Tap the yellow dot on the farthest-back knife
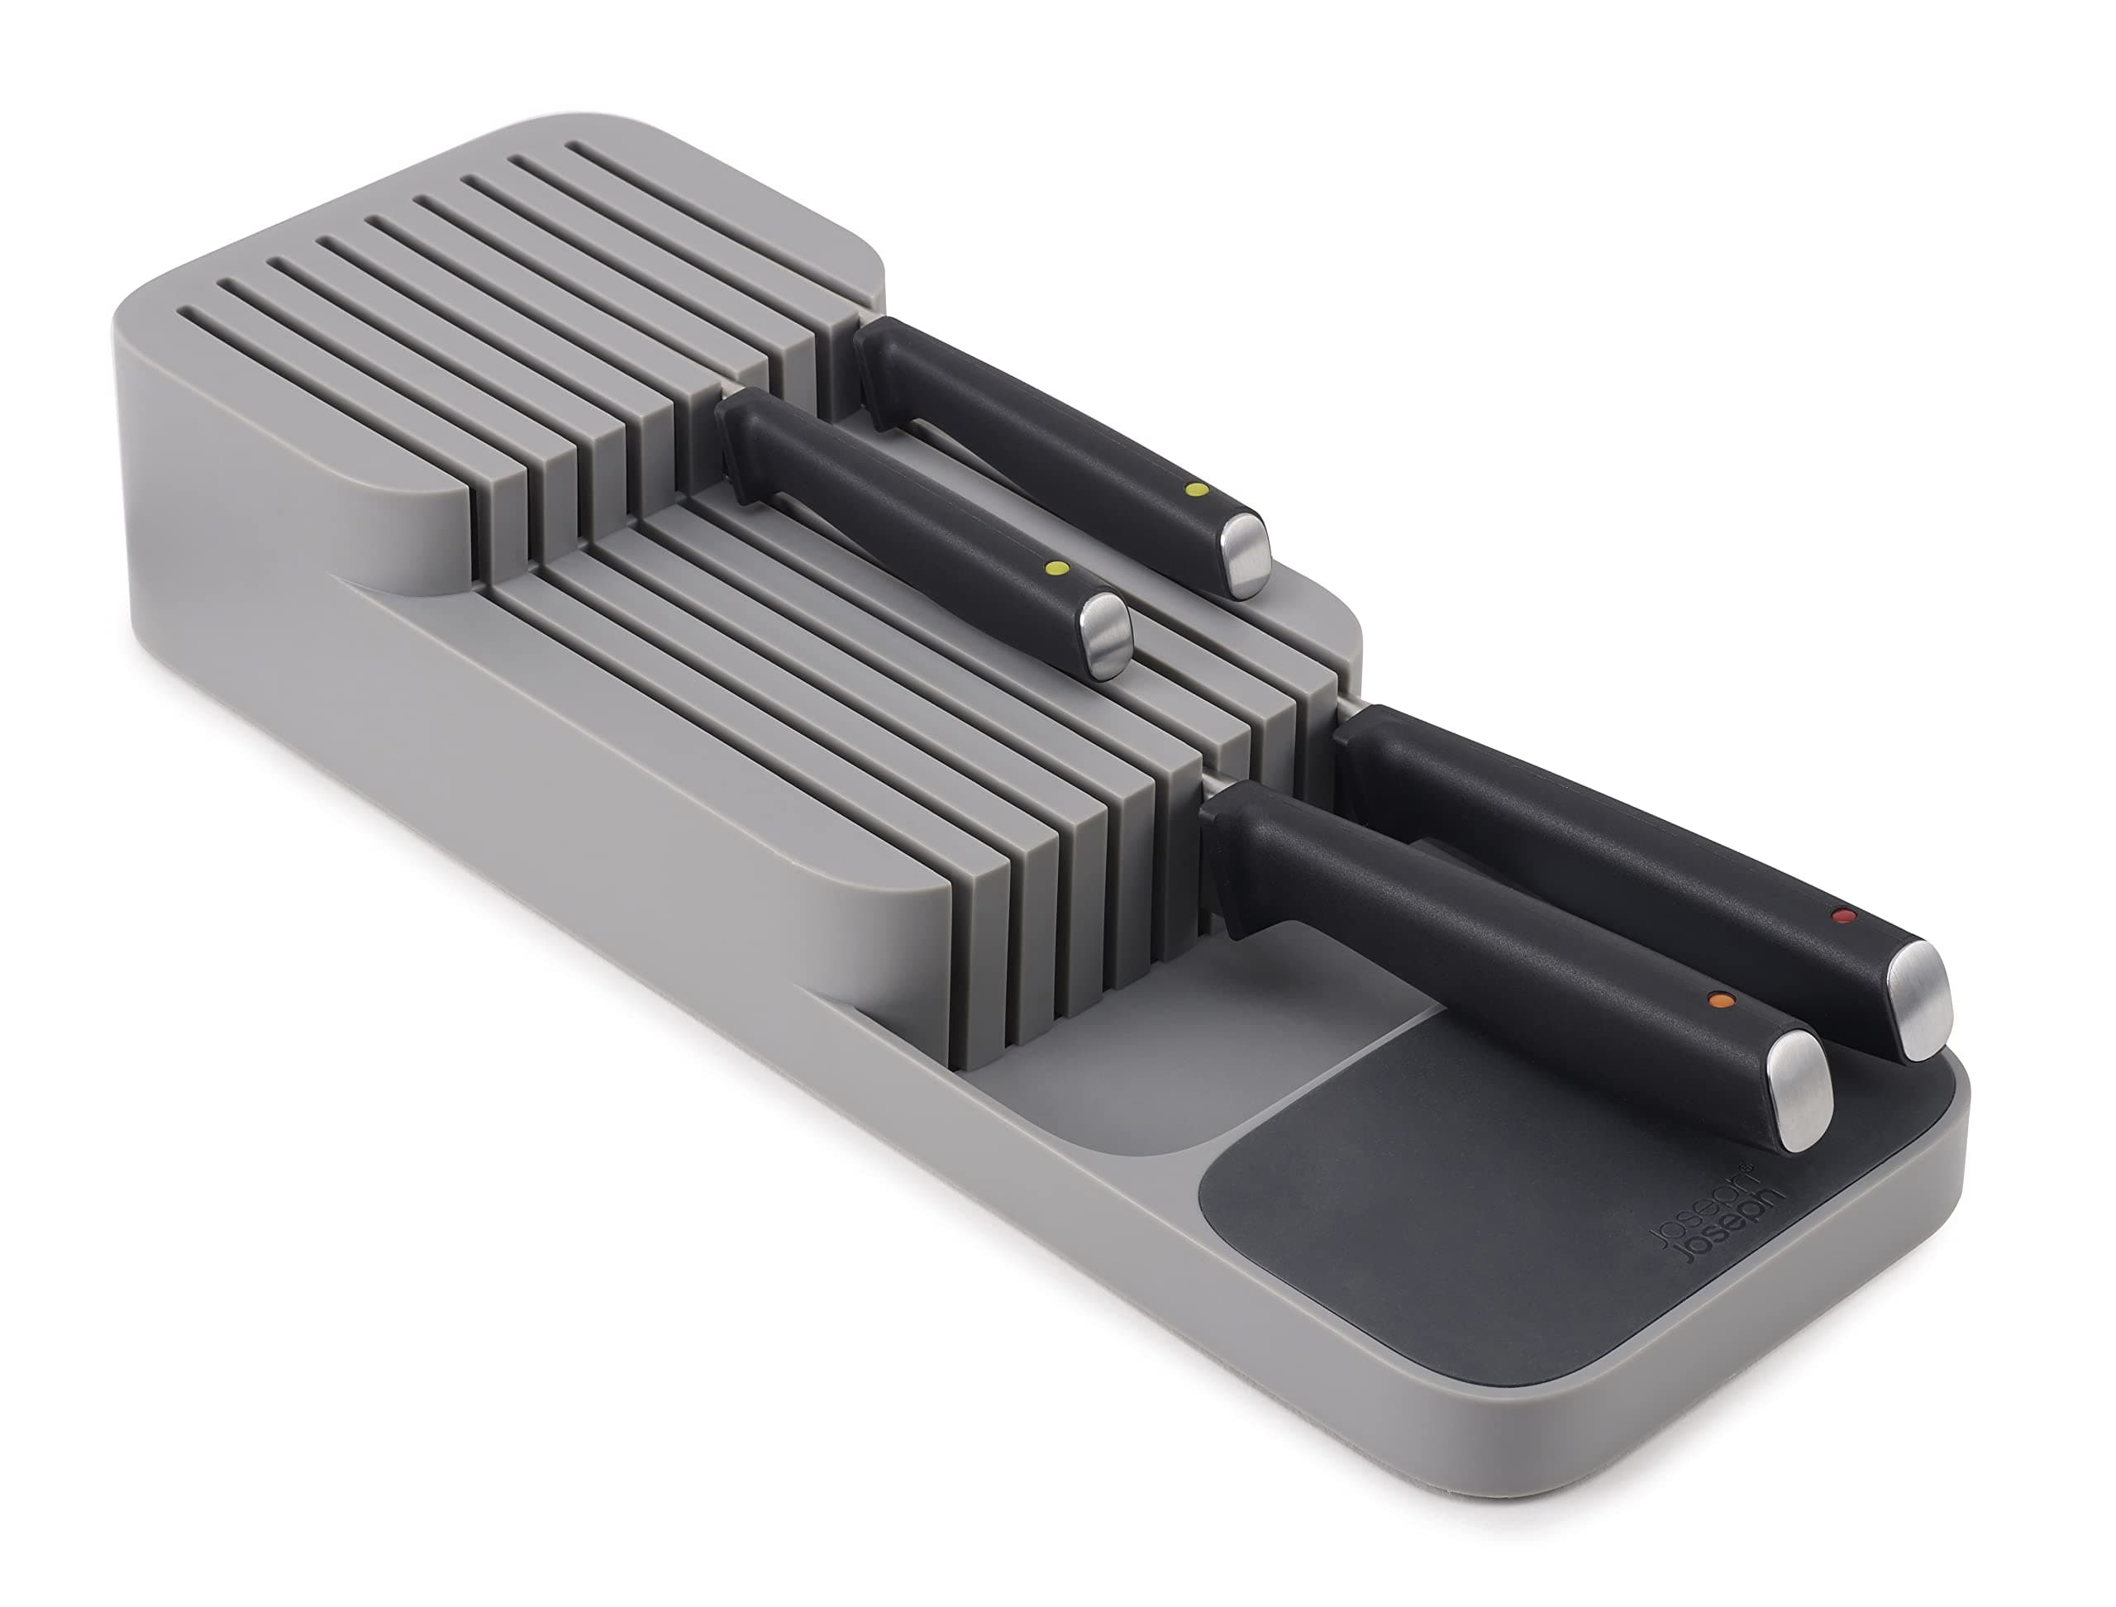coord(1194,489)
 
